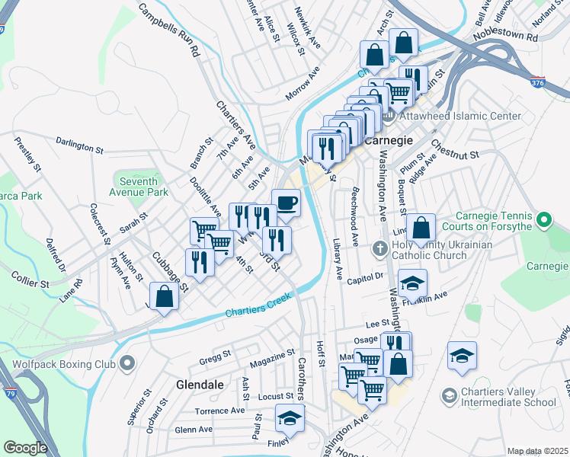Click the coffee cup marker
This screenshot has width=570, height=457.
[286, 203]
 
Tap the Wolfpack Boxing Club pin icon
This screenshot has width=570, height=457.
[127, 362]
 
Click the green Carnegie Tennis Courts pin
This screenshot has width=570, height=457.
[543, 221]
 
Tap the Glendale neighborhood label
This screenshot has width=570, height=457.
[200, 385]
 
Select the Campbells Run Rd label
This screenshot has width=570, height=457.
[169, 30]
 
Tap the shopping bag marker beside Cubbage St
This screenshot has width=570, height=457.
[165, 297]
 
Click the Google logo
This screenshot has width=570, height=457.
[26, 448]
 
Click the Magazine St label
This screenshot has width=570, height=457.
[271, 356]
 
